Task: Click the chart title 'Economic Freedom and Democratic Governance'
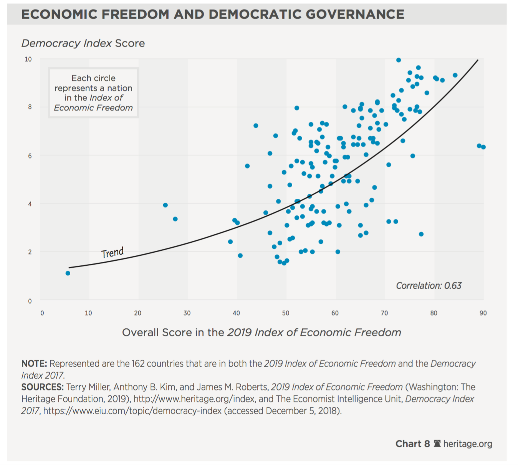coord(213,15)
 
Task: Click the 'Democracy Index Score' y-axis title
coord(83,43)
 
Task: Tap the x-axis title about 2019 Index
coord(261,333)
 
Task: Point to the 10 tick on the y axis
coord(28,59)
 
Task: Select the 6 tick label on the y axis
coord(30,156)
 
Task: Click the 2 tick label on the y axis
coord(30,252)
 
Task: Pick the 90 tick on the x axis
coord(483,313)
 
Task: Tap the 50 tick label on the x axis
coord(286,313)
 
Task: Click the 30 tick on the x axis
coord(187,313)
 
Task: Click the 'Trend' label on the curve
coord(113,253)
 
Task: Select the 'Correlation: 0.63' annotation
coord(429,286)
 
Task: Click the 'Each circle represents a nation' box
coord(93,93)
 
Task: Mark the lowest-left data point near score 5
coord(68,273)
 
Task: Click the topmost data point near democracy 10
coord(399,60)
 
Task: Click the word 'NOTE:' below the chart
coord(34,364)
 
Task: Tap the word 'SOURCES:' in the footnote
coord(42,387)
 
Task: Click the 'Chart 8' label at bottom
coord(412,444)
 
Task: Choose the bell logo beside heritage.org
coord(437,444)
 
